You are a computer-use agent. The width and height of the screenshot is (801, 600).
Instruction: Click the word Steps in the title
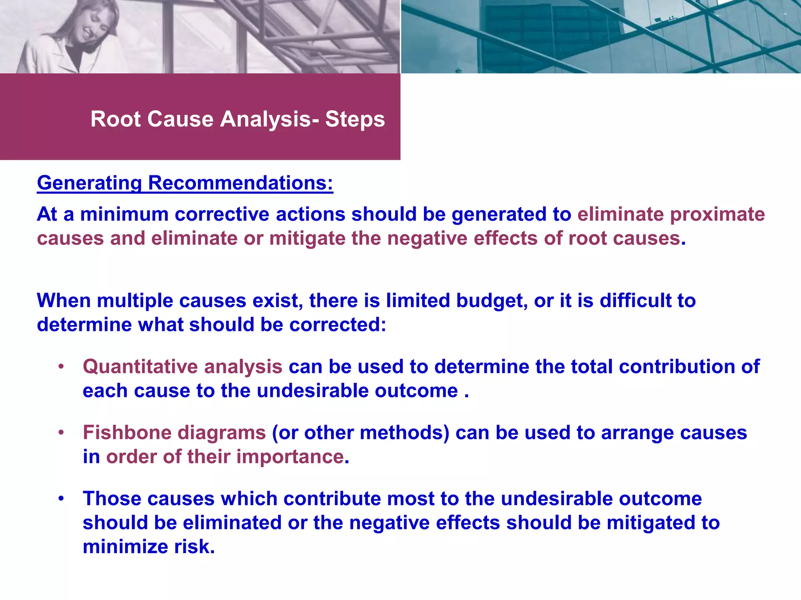click(355, 119)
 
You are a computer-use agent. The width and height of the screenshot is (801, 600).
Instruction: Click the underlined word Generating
click(89, 183)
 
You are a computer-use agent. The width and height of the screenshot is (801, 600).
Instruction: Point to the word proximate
click(717, 214)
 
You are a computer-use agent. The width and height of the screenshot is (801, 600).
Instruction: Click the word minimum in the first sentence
click(124, 214)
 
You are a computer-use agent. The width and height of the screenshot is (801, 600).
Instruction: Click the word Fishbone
click(127, 433)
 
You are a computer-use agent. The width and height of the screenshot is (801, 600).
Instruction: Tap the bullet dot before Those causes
click(61, 499)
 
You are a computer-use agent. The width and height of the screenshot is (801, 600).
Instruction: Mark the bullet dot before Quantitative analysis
click(61, 367)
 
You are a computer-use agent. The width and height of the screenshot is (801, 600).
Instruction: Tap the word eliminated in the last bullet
click(232, 523)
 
